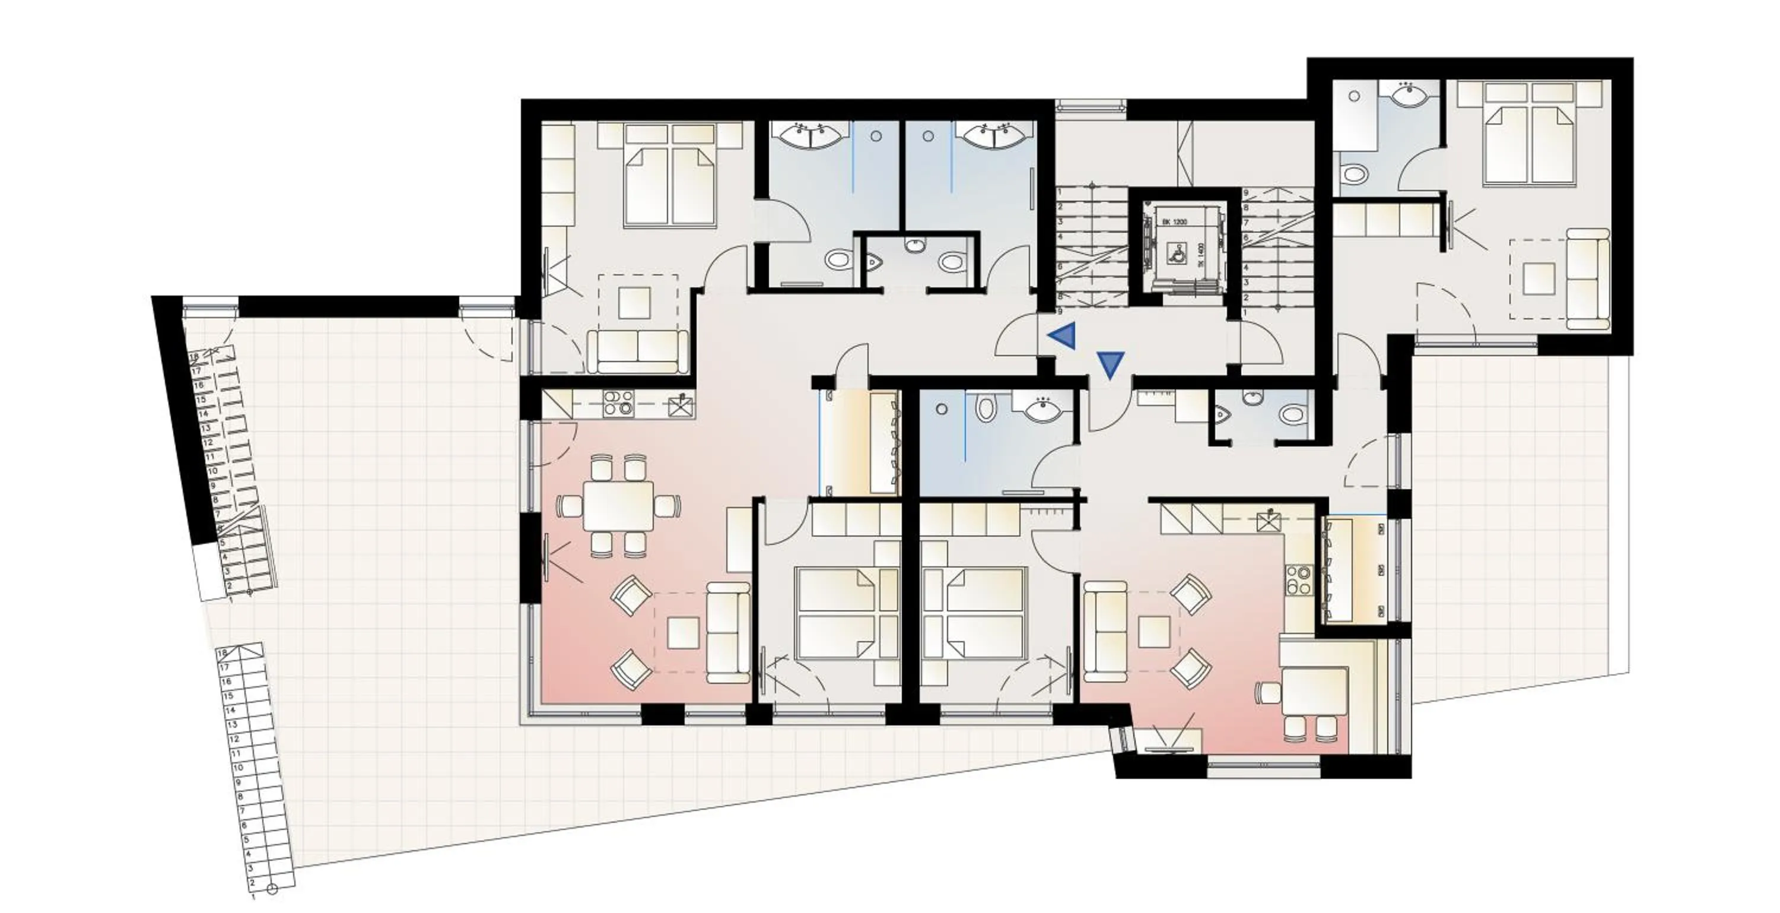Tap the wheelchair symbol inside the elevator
pyautogui.click(x=1175, y=252)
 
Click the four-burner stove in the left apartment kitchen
pyautogui.click(x=618, y=402)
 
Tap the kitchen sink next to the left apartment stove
pyautogui.click(x=681, y=405)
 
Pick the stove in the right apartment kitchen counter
pyautogui.click(x=1298, y=580)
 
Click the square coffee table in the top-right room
pyautogui.click(x=1539, y=278)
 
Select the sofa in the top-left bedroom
pyautogui.click(x=638, y=351)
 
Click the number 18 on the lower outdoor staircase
pyautogui.click(x=223, y=653)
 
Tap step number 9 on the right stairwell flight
pyautogui.click(x=1246, y=193)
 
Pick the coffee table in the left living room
pyautogui.click(x=683, y=632)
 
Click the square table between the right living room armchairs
pyautogui.click(x=1154, y=630)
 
